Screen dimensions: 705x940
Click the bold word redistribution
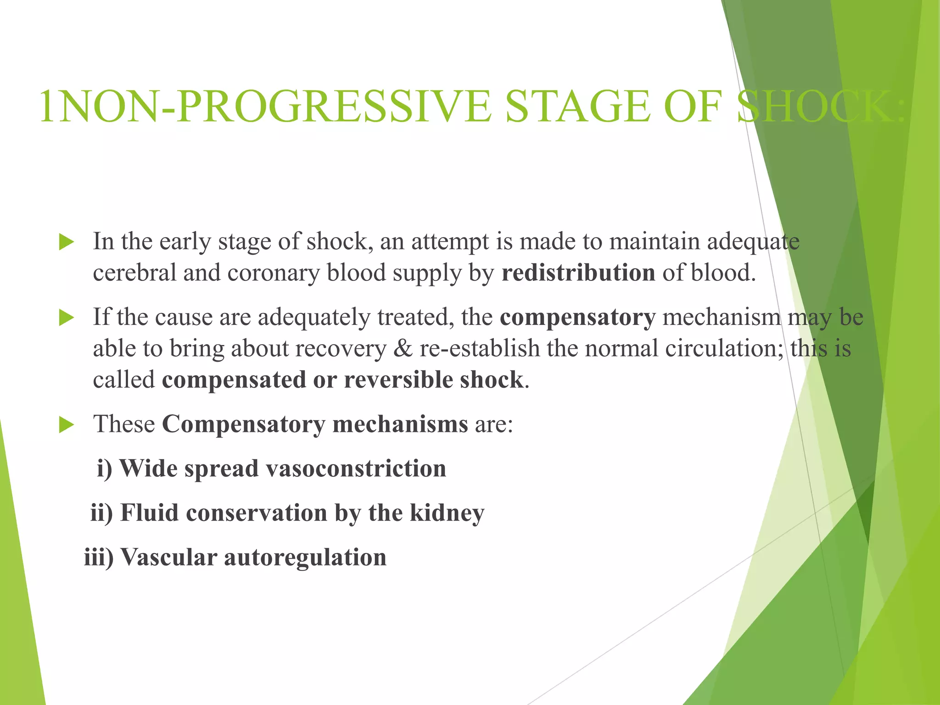578,273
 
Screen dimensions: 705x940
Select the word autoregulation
305,558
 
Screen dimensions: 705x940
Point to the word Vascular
168,558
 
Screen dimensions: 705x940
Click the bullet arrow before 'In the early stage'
67,242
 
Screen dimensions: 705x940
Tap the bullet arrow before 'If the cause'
67,318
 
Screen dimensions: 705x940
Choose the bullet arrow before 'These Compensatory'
67,425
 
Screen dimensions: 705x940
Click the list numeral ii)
101,513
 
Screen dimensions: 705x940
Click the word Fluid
149,513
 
